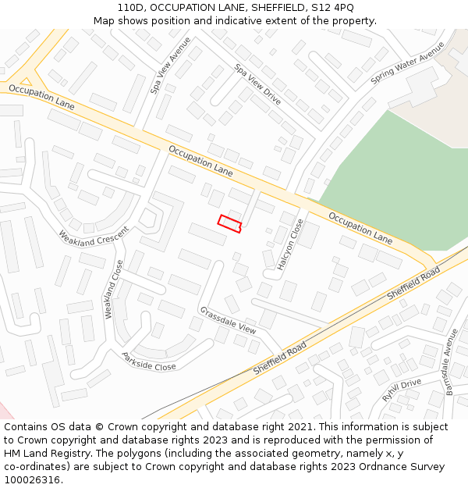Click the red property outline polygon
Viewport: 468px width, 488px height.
tap(229, 223)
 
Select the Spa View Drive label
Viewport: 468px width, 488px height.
tap(257, 85)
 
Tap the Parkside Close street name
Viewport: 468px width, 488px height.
tap(148, 362)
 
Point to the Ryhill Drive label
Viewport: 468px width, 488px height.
tap(402, 389)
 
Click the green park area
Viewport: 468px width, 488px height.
tap(390, 183)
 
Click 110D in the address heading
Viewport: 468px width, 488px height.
tap(129, 8)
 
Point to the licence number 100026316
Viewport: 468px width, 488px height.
tap(31, 480)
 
